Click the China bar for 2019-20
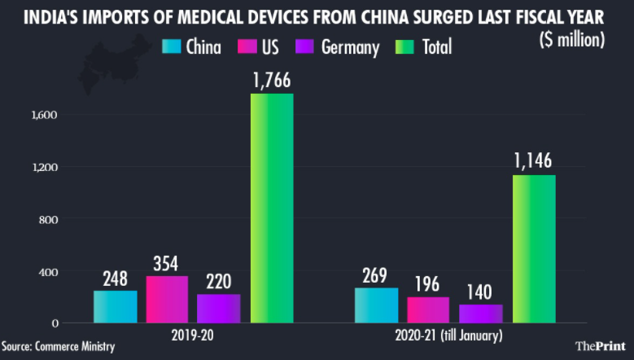tap(116, 306)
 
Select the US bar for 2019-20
tap(167, 299)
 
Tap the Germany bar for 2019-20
tap(218, 308)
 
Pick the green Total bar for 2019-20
tap(272, 208)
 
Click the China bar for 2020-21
tap(376, 305)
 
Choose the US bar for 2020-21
tap(428, 310)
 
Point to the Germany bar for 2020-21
tap(480, 313)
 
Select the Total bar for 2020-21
tap(534, 248)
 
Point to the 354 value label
tap(167, 263)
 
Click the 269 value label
tap(376, 274)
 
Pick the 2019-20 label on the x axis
tap(195, 336)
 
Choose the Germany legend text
tap(350, 47)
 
